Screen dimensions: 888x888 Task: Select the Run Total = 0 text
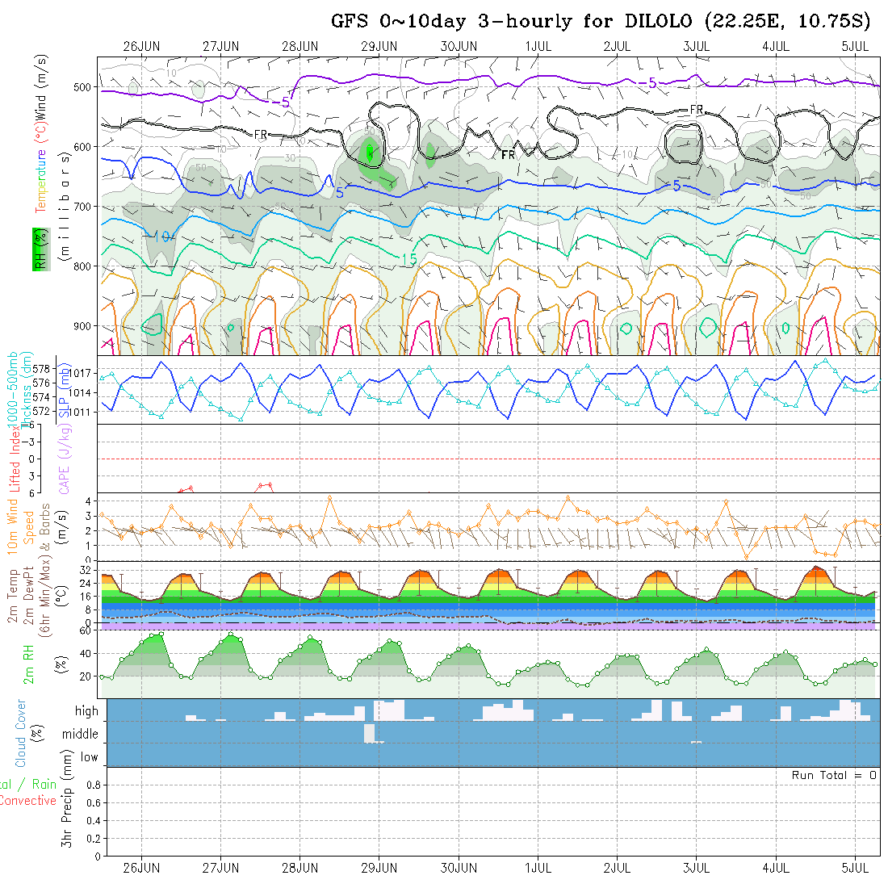834,775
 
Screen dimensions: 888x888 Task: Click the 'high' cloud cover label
86,711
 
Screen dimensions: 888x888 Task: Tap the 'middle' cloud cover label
81,735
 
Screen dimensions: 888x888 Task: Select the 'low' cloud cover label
89,757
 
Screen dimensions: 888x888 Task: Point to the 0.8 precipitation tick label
91,785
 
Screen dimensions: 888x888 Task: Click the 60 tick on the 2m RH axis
83,630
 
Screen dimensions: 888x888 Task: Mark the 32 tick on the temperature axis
83,570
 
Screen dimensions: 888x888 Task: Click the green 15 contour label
408,258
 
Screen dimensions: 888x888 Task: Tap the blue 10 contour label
162,237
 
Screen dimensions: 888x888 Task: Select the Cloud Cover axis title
21,733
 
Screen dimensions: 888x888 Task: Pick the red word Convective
27,801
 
